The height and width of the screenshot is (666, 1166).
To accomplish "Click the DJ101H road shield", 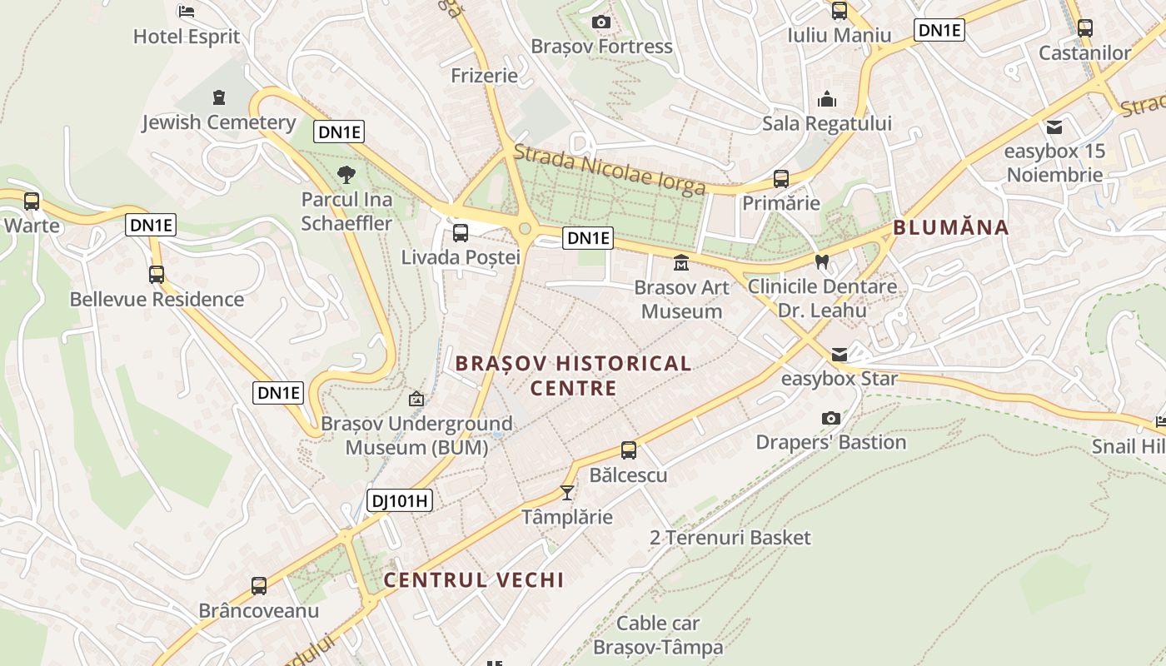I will click(x=400, y=500).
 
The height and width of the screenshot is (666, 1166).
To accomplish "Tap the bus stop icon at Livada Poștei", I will click(x=461, y=233).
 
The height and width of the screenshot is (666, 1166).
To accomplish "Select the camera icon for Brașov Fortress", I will click(x=600, y=22).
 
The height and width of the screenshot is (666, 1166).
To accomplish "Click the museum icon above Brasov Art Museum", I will click(x=681, y=263).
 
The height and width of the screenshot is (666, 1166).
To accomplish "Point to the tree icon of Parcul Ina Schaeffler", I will click(x=346, y=175).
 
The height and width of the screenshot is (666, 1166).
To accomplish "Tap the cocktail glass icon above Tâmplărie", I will click(x=567, y=492).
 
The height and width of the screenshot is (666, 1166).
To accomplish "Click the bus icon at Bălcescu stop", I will click(x=629, y=450).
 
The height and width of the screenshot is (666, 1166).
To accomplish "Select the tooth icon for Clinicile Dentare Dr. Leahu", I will click(x=822, y=261).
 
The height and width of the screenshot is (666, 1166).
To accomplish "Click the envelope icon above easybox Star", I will click(x=839, y=355).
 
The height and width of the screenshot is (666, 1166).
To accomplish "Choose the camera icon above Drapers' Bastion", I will click(x=830, y=418).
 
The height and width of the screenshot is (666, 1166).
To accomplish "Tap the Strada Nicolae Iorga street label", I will click(x=610, y=170).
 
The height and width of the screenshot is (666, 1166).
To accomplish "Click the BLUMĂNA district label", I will click(x=950, y=227).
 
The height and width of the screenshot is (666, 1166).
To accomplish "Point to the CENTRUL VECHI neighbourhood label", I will click(x=474, y=580).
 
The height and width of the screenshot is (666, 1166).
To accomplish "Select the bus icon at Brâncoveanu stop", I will click(x=259, y=586).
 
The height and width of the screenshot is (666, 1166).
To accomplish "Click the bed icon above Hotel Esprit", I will click(x=187, y=12).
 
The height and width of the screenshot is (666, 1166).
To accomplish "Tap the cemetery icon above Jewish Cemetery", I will click(x=219, y=98).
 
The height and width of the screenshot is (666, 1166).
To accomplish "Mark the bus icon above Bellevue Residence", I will click(x=157, y=275).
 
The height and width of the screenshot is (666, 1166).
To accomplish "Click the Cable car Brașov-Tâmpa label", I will click(x=658, y=634).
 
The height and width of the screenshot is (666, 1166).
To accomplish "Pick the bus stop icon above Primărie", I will click(x=781, y=178).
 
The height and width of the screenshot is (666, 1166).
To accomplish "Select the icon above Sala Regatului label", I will click(x=827, y=99).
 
